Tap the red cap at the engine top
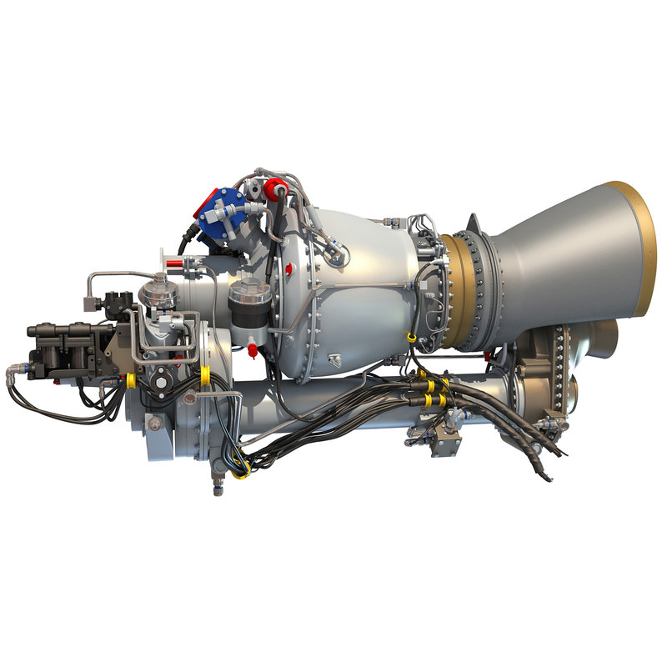[x=277, y=185]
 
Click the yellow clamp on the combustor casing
[x=411, y=337]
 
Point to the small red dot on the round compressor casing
[x=288, y=268]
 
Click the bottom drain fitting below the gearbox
[x=219, y=485]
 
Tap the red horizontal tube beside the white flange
[x=174, y=263]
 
